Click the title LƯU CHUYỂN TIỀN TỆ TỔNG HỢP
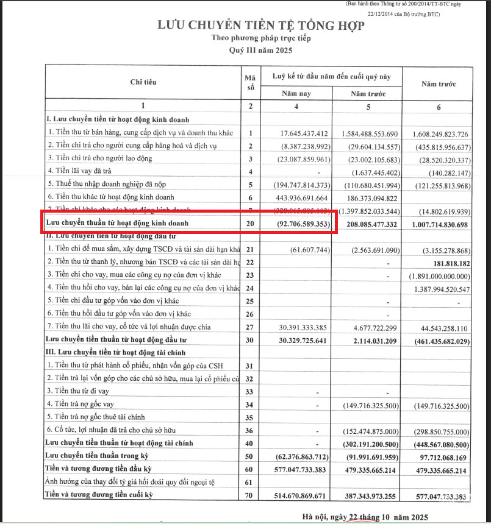point(260,26)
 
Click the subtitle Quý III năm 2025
point(260,50)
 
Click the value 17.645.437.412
point(296,133)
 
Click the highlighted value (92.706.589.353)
point(296,224)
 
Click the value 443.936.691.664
point(296,197)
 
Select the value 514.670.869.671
point(296,495)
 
